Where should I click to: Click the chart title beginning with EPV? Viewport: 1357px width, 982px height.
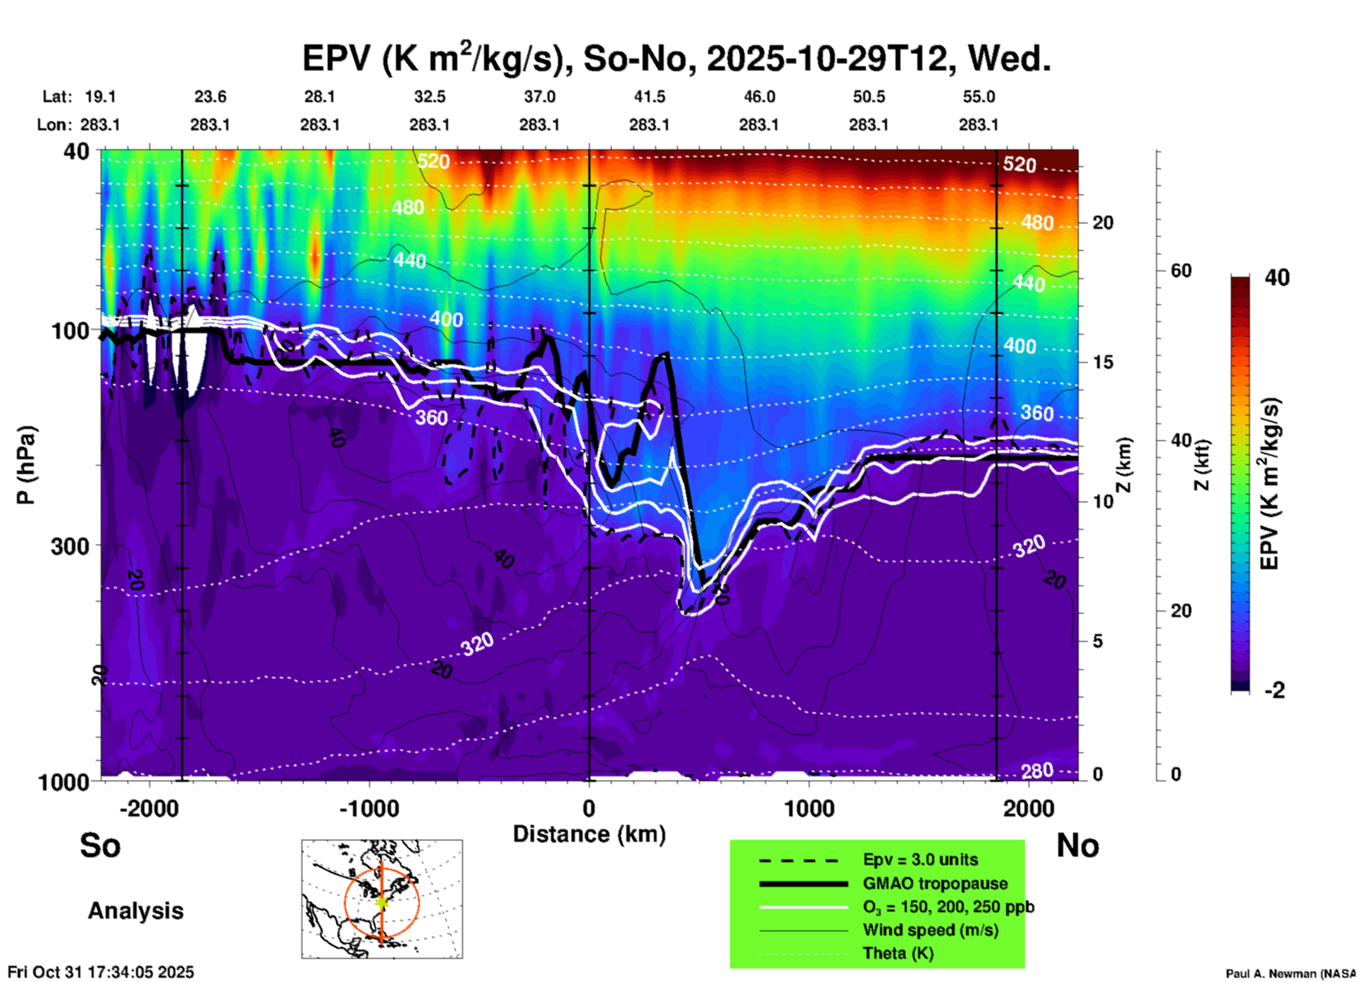[x=676, y=58]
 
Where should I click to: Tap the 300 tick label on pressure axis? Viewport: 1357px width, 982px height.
[x=70, y=546]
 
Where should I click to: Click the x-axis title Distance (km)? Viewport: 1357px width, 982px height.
[x=589, y=834]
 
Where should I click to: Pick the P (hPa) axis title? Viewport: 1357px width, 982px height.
[x=26, y=465]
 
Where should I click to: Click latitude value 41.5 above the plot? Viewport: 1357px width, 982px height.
[x=649, y=97]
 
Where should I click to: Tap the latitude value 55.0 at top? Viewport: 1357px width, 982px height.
[x=979, y=97]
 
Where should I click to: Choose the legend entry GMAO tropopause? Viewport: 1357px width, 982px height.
[x=934, y=883]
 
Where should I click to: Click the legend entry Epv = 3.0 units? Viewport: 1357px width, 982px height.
[x=920, y=859]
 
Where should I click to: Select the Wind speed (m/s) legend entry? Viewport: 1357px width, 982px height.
[x=930, y=930]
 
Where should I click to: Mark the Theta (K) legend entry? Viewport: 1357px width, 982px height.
[x=898, y=953]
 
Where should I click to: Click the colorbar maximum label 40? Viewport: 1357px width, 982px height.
[x=1277, y=278]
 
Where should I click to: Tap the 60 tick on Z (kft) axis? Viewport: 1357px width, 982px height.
[x=1181, y=271]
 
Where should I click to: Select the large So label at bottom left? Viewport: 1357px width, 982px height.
[x=100, y=845]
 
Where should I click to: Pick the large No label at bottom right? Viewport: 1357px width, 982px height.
[x=1077, y=845]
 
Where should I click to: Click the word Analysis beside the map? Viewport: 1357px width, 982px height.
[x=135, y=911]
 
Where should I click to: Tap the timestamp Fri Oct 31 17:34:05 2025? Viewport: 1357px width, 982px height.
[x=101, y=972]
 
